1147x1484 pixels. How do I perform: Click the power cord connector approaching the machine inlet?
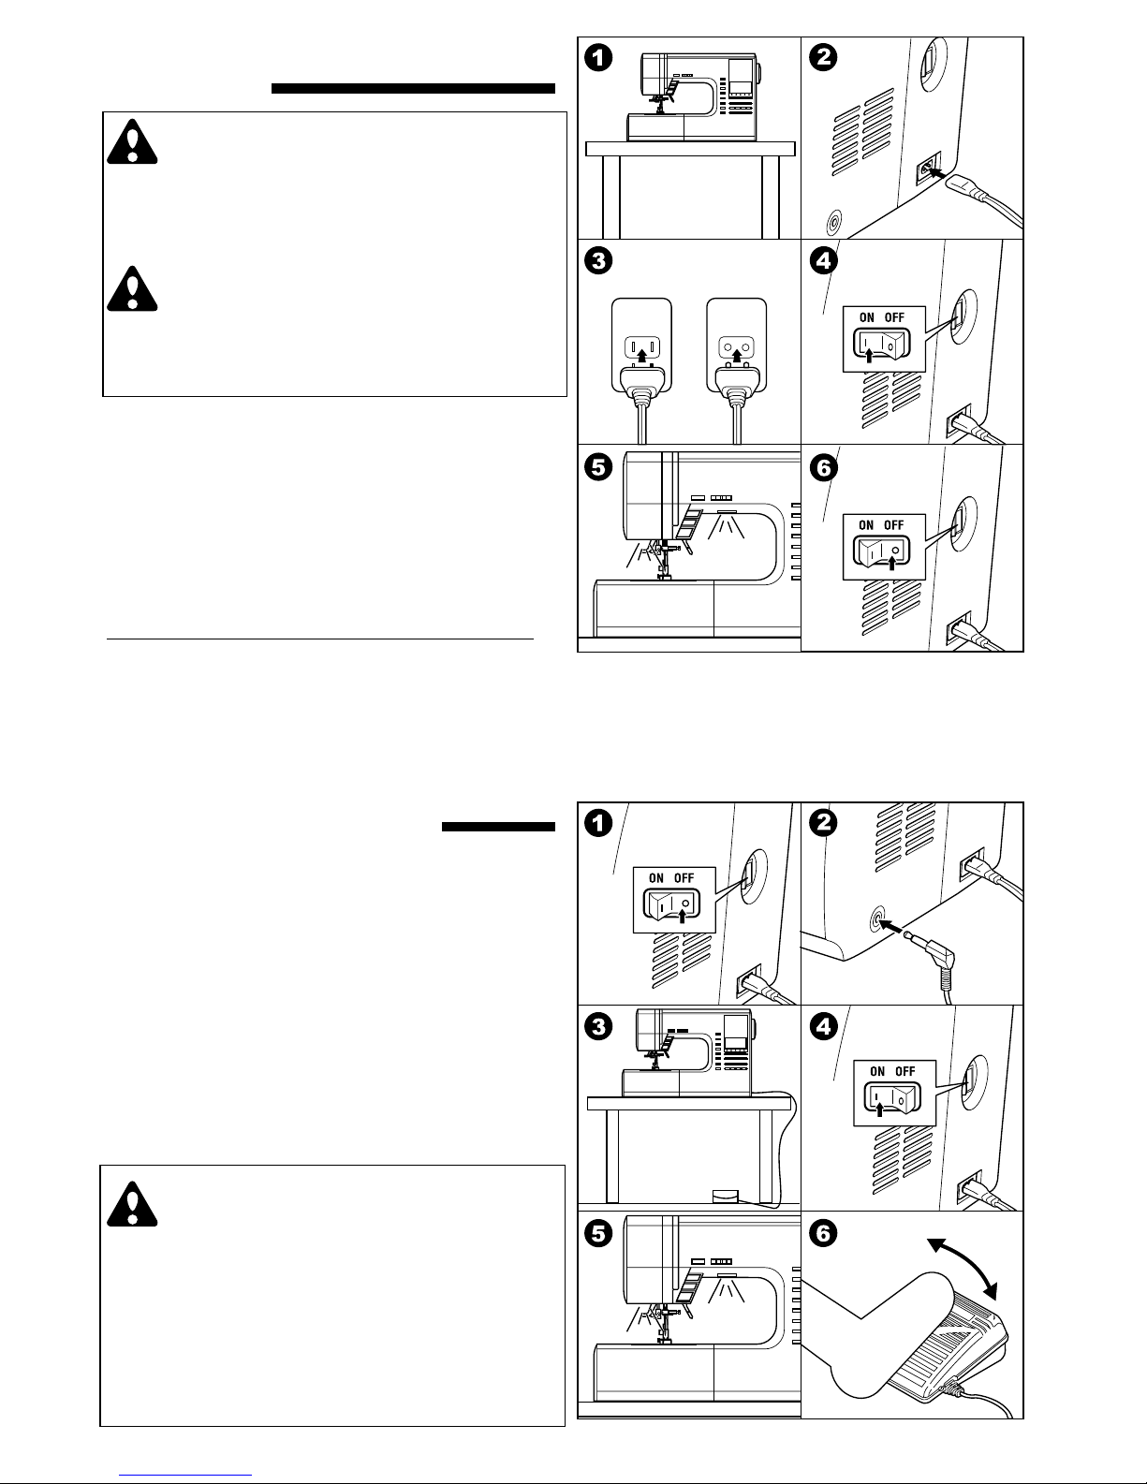[x=969, y=187]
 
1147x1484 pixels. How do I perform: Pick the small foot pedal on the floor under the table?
[x=725, y=1196]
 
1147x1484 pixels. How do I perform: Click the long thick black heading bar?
[x=413, y=89]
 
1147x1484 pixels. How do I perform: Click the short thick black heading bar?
[x=498, y=827]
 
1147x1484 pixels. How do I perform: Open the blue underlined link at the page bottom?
[x=185, y=1473]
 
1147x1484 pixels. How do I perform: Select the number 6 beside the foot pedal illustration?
[x=823, y=1235]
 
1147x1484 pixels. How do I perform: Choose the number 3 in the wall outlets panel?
[x=598, y=261]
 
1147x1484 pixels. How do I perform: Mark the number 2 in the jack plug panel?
[x=823, y=824]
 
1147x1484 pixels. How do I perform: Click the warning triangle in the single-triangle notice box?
[x=132, y=1204]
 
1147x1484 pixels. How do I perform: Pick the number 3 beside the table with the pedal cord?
[x=598, y=1027]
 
